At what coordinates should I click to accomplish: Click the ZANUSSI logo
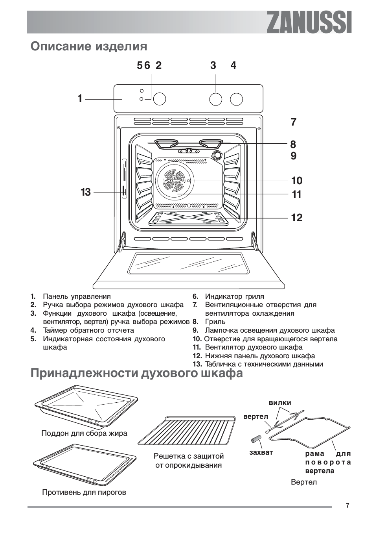[x=309, y=22]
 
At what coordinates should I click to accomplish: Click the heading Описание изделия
[x=89, y=46]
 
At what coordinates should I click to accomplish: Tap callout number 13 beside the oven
[x=86, y=192]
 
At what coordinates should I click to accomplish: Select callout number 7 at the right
[x=293, y=122]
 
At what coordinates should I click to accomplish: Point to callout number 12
[x=297, y=218]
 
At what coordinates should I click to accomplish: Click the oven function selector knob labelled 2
[x=159, y=99]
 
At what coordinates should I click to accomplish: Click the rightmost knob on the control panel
[x=236, y=99]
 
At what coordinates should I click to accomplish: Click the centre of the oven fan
[x=174, y=181]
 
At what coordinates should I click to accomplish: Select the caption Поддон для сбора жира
[x=84, y=433]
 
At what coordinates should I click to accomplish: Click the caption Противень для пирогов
[x=84, y=492]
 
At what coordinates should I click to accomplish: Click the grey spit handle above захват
[x=257, y=439]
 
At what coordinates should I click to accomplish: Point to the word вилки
[x=280, y=403]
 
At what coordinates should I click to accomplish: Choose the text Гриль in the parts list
[x=215, y=322]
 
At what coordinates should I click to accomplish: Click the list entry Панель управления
[x=77, y=296]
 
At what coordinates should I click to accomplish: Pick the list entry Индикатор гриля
[x=234, y=296]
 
